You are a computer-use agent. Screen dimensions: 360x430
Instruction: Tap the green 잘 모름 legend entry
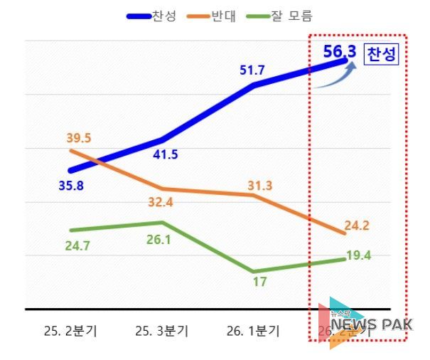coord(281,16)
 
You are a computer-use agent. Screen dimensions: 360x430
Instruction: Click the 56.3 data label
coord(339,53)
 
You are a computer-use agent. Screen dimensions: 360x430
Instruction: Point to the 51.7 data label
coord(254,70)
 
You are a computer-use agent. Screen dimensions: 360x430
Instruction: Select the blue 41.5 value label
coord(165,155)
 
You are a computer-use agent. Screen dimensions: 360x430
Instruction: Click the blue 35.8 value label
coord(72,187)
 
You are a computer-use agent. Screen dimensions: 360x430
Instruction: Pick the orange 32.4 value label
coord(165,202)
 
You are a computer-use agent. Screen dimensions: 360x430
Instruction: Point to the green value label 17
coord(259,282)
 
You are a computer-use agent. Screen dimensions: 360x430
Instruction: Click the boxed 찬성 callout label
coord(381,54)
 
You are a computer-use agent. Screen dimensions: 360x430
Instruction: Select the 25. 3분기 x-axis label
coord(163,331)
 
